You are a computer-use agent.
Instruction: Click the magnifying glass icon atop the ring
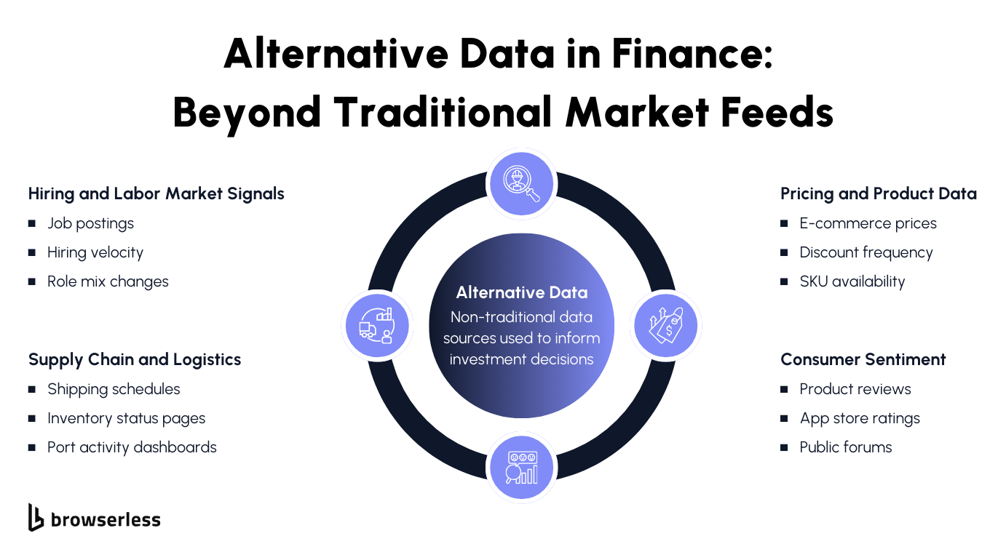coord(521,183)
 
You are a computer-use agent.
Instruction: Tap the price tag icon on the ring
coord(665,325)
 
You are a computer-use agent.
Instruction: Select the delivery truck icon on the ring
coord(377,325)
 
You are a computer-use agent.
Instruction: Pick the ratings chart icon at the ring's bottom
coord(521,467)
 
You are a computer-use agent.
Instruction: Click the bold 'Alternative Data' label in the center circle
coord(521,292)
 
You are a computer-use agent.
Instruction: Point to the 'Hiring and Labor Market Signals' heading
coord(156,193)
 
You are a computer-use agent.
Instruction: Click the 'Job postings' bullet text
coord(90,223)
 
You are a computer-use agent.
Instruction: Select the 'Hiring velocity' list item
coord(95,252)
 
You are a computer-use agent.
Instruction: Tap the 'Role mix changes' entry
coord(108,281)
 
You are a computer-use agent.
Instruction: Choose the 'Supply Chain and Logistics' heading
coord(135,359)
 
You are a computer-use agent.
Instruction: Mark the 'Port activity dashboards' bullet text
coord(132,447)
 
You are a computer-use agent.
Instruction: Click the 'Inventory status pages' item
coord(126,418)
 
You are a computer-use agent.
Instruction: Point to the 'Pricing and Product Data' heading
coord(878,193)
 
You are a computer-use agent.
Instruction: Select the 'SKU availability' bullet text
coord(852,281)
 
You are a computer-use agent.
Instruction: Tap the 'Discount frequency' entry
coord(866,252)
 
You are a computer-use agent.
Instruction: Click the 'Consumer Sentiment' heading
coord(863,359)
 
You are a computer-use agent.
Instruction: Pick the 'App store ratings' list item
coord(860,418)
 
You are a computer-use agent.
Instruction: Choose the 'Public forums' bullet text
coord(845,447)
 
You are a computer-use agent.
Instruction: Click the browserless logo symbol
coord(36,517)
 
